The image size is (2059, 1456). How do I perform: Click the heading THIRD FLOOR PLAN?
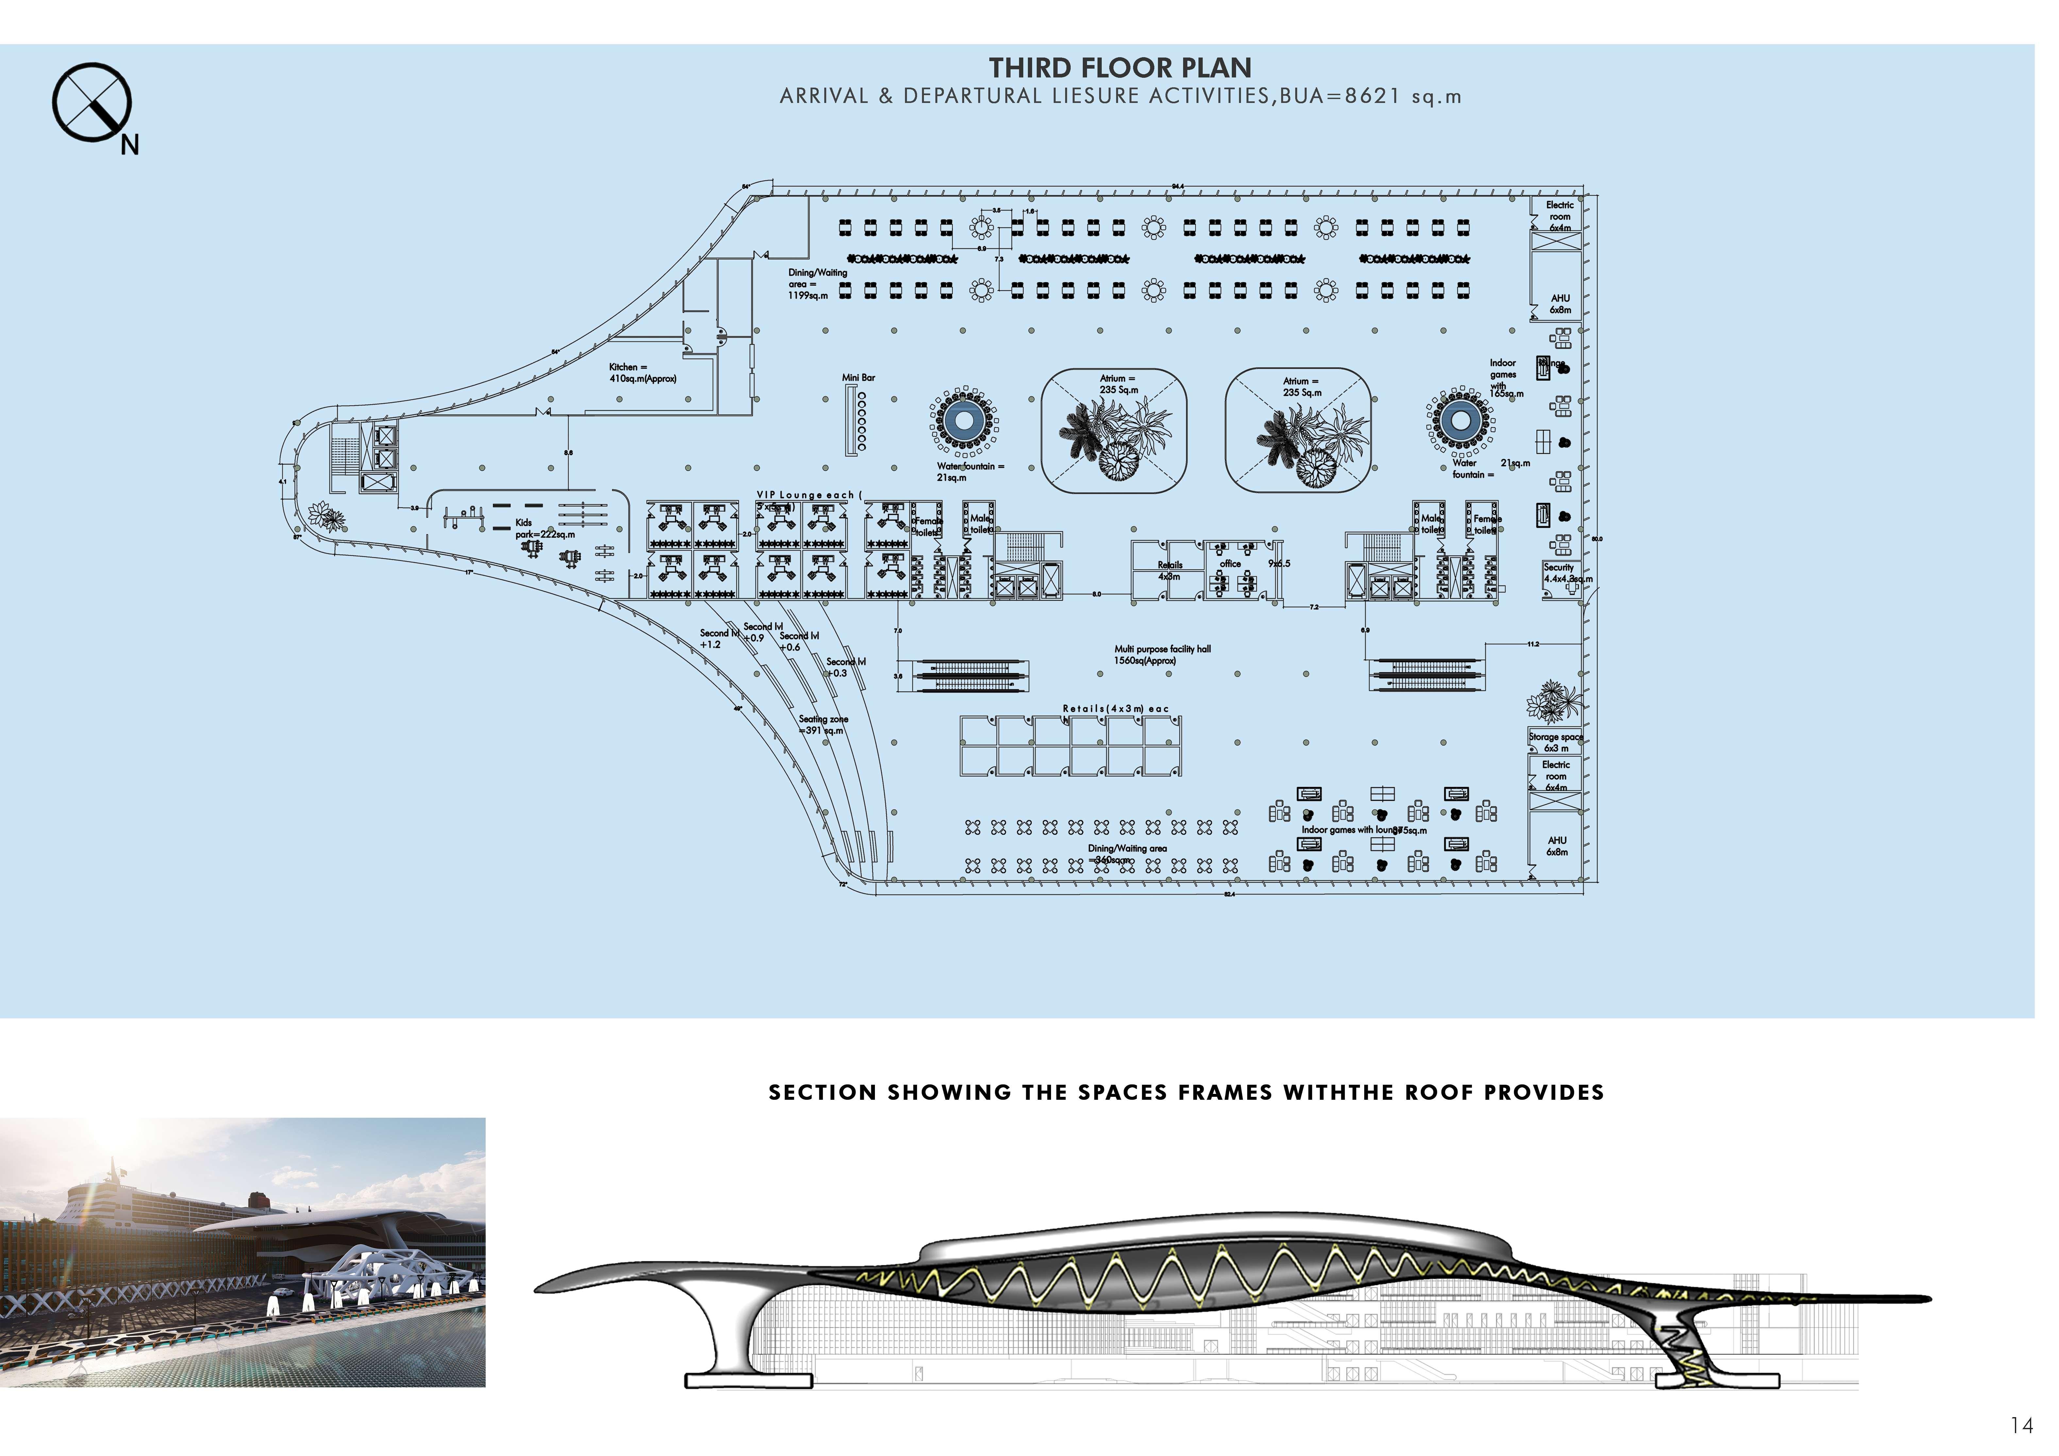pyautogui.click(x=1120, y=68)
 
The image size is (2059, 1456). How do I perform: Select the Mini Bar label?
pyautogui.click(x=858, y=377)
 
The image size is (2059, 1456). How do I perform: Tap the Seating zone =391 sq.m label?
pyautogui.click(x=822, y=725)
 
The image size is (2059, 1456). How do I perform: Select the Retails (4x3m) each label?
pyautogui.click(x=1115, y=709)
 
